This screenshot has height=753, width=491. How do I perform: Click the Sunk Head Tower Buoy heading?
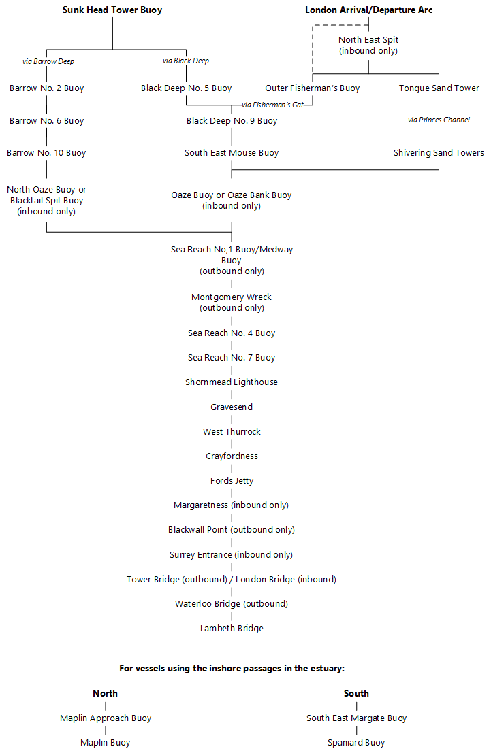coord(112,10)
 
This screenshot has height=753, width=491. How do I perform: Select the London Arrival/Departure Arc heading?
coord(368,10)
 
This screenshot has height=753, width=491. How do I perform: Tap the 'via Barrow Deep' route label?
coord(48,61)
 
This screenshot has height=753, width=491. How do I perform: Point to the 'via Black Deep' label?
coord(186,61)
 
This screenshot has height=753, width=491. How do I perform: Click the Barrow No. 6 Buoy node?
coord(46,121)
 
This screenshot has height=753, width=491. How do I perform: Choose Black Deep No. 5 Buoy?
coord(186,88)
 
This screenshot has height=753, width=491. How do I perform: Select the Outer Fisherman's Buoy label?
coord(312,88)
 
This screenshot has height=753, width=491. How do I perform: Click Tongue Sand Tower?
coord(439,88)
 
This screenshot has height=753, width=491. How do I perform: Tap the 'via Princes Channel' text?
coord(439,120)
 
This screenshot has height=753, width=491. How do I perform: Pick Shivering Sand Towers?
coord(439,153)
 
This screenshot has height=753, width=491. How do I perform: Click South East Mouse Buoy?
coord(232,153)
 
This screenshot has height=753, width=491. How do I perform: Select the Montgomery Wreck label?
coord(232,297)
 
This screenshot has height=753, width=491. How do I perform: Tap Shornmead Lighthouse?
coord(232,382)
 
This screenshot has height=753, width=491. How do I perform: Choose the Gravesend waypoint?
coord(232,407)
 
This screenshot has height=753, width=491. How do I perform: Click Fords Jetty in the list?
coord(232,481)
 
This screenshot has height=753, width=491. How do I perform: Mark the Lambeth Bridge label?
coord(232,629)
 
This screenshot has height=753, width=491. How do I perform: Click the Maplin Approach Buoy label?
coord(106,718)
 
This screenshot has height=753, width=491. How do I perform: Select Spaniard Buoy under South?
coord(356,743)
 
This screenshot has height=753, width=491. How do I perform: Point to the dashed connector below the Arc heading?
coord(313,48)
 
